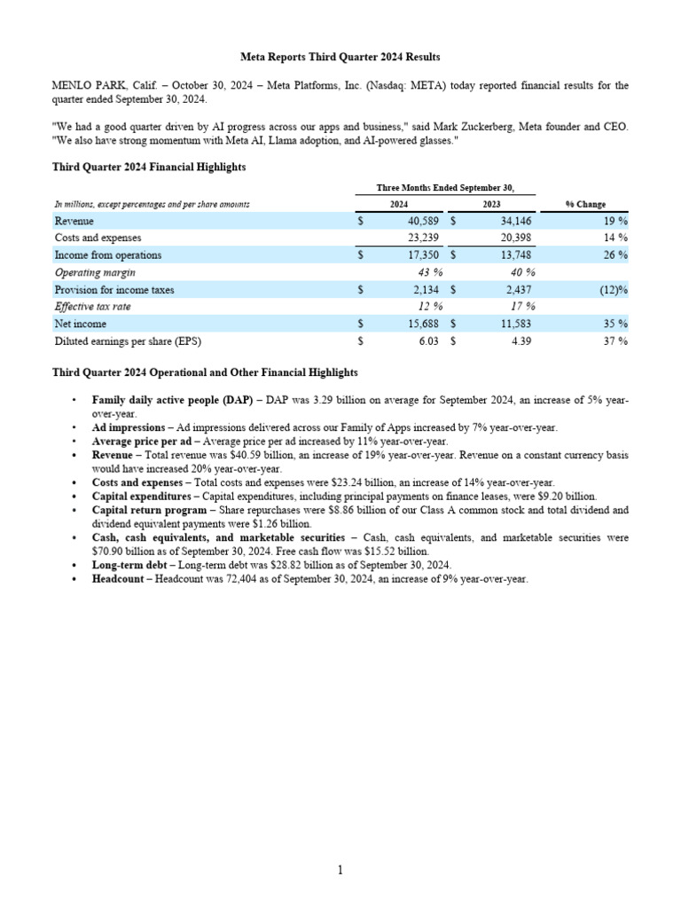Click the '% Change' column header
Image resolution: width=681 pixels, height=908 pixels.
click(x=585, y=204)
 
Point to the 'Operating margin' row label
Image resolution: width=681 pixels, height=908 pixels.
click(x=95, y=272)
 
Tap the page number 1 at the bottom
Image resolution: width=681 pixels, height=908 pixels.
click(x=340, y=870)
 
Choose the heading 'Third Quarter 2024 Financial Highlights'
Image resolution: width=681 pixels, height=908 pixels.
click(x=149, y=166)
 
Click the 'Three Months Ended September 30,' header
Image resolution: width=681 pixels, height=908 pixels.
click(x=445, y=187)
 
